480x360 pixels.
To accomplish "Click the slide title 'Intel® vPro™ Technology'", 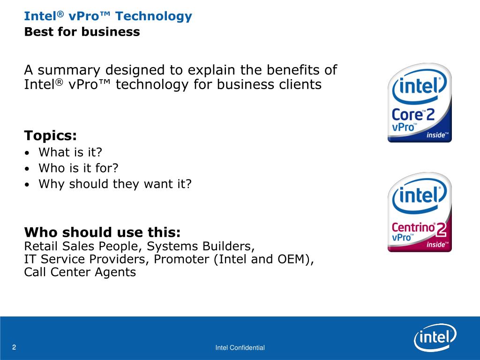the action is tap(108, 16).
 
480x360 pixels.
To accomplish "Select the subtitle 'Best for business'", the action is tap(82, 32).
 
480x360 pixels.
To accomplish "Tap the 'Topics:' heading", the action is tap(51, 135).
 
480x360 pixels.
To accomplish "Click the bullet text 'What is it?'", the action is tap(70, 152).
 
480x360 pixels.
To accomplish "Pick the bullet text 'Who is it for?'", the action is tap(78, 168).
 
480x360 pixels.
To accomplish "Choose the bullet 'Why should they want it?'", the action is tap(115, 184).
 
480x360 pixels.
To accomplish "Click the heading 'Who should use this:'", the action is tap(102, 232).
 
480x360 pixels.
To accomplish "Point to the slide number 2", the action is tap(14, 347).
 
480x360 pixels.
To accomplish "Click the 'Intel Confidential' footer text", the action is tap(240, 347).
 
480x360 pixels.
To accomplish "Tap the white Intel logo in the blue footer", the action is tap(435, 337).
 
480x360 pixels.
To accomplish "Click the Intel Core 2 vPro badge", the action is tap(420, 103).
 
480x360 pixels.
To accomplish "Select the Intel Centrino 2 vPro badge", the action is tap(420, 212).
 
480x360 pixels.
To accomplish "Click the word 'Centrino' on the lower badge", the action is tap(413, 227).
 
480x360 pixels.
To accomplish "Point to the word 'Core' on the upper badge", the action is tap(407, 115).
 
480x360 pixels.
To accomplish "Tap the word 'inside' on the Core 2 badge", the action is tap(435, 135).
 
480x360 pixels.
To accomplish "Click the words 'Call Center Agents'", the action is tap(80, 272).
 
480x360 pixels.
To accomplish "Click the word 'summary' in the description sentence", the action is tap(69, 70).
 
